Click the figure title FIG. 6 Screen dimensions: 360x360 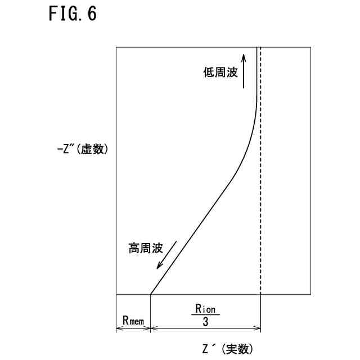pyautogui.click(x=73, y=14)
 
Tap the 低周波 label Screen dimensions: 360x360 pyautogui.click(x=221, y=73)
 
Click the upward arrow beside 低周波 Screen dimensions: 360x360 pyautogui.click(x=244, y=70)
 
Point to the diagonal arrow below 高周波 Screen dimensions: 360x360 pyautogui.click(x=166, y=256)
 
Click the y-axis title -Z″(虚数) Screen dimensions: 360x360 pyautogui.click(x=82, y=150)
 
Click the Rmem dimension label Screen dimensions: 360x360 pyautogui.click(x=133, y=320)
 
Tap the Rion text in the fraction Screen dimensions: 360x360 pyautogui.click(x=206, y=309)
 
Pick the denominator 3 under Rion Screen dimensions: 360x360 pyautogui.click(x=206, y=322)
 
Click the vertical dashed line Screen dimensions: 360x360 pyautogui.click(x=261, y=169)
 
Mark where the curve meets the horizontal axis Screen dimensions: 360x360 pyautogui.click(x=151, y=294)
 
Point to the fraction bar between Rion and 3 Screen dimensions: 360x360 pyautogui.click(x=206, y=315)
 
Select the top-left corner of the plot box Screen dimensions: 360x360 pyautogui.click(x=116, y=47)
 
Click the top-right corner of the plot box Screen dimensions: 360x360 pyautogui.click(x=312, y=47)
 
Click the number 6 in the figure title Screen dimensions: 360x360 pyautogui.click(x=92, y=14)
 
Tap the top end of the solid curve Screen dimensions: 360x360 pyautogui.click(x=256, y=48)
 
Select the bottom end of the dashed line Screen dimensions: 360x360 pyautogui.click(x=261, y=294)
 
